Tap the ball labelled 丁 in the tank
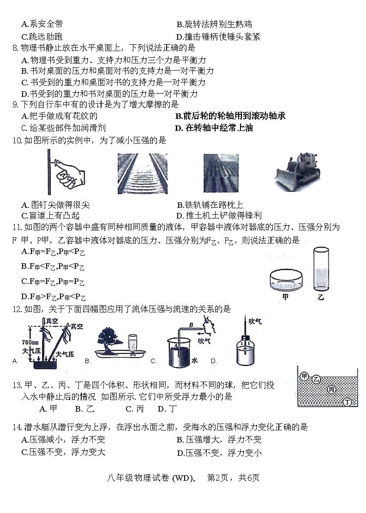click(x=347, y=403)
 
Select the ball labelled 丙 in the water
click(x=331, y=390)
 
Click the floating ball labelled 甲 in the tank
click(x=304, y=376)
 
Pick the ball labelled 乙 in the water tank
click(x=316, y=380)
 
